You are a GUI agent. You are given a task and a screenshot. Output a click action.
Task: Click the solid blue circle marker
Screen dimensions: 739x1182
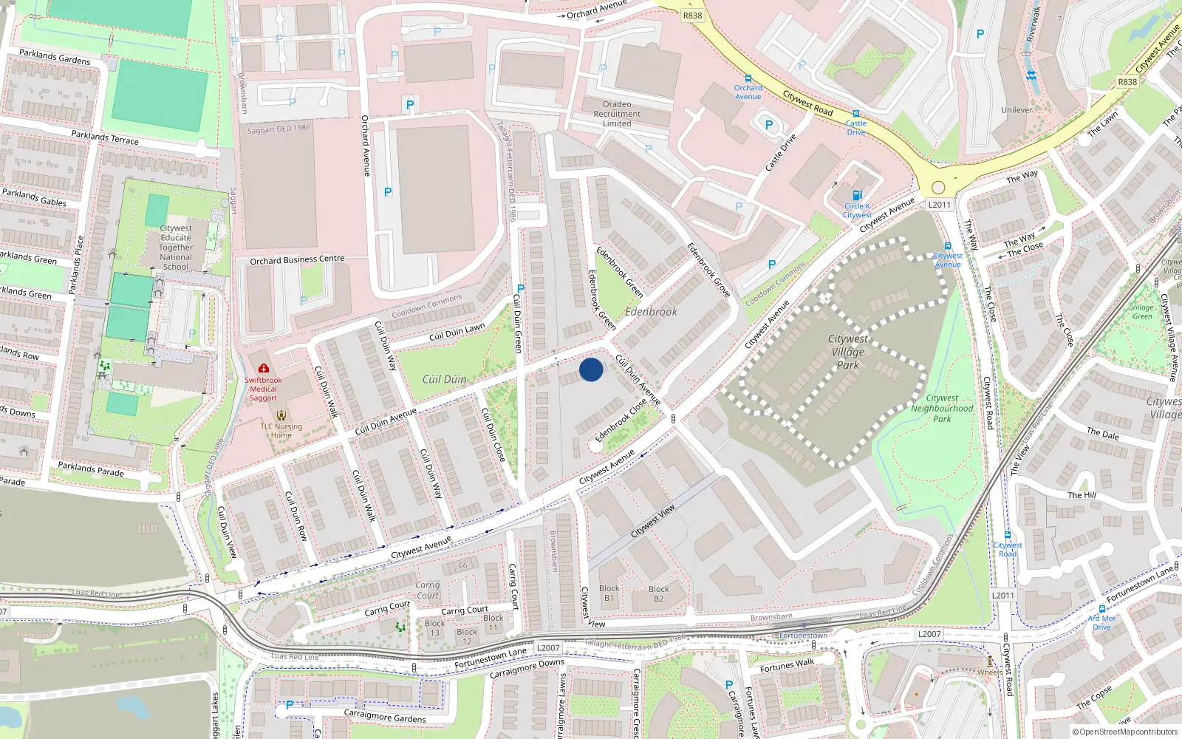tap(591, 369)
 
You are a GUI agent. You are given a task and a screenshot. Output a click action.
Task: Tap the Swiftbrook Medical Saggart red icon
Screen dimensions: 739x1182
tap(264, 368)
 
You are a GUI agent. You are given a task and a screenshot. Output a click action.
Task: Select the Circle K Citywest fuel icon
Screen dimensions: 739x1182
tap(857, 196)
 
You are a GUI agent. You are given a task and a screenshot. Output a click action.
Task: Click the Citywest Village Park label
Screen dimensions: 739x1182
tap(848, 351)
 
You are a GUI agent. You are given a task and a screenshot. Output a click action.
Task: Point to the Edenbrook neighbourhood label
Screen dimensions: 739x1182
tap(651, 312)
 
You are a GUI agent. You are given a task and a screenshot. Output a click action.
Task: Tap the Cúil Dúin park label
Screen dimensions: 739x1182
tap(444, 379)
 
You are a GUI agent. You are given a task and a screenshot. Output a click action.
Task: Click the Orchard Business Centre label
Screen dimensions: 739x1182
tap(297, 260)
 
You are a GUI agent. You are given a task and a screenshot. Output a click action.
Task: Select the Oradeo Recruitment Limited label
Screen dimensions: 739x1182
tap(617, 114)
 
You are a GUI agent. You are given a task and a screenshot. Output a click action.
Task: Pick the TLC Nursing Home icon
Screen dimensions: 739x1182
tap(281, 415)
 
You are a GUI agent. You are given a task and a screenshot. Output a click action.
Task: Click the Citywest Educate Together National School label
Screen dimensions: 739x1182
tap(176, 248)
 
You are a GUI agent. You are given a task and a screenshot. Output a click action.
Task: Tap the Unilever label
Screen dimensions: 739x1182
tap(1017, 110)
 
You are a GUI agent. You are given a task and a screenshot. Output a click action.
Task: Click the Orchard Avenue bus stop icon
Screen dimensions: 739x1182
tap(748, 78)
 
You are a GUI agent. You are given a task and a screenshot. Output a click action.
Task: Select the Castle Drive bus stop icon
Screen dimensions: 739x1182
tap(856, 114)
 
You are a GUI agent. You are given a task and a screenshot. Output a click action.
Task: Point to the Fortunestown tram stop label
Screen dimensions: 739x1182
tap(804, 636)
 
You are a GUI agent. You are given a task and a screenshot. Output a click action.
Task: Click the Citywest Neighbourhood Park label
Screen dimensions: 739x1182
tap(942, 408)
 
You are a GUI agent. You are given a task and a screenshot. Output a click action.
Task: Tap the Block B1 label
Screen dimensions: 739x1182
tap(609, 593)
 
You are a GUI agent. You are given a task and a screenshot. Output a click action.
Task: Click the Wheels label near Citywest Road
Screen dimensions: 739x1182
tap(990, 672)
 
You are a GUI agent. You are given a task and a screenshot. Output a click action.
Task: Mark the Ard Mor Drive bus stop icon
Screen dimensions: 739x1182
tap(1102, 610)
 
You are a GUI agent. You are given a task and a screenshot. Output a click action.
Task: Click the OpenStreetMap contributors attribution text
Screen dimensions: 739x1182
tap(1124, 732)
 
